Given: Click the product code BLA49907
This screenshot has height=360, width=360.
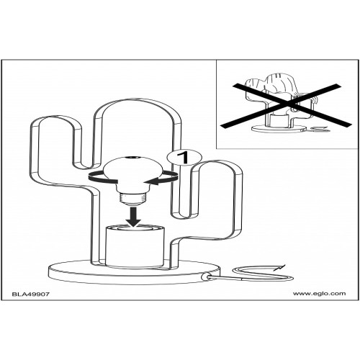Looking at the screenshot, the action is (31, 294).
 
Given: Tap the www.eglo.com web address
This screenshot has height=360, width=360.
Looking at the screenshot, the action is (319, 294).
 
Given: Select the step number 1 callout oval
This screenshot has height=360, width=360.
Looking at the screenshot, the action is (184, 158).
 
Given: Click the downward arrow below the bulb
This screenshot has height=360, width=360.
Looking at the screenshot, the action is (134, 217).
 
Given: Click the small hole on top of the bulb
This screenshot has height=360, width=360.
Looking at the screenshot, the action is (132, 158).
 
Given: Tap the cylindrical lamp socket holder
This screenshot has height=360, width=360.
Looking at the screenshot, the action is (135, 246).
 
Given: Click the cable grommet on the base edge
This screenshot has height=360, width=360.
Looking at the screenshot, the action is (205, 276).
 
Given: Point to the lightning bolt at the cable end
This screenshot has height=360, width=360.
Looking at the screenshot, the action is (280, 266).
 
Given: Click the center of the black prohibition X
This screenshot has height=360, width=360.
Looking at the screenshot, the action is (286, 104).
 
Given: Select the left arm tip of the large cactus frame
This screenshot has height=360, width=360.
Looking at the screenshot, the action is (55, 119).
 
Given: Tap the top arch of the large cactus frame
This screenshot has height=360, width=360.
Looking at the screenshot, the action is (137, 100).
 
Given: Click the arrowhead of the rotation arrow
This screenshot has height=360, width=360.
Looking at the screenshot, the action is (153, 181).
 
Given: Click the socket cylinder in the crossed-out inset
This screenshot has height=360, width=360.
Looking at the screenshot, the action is (279, 120).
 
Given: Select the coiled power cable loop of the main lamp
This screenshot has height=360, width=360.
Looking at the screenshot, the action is (264, 274).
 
